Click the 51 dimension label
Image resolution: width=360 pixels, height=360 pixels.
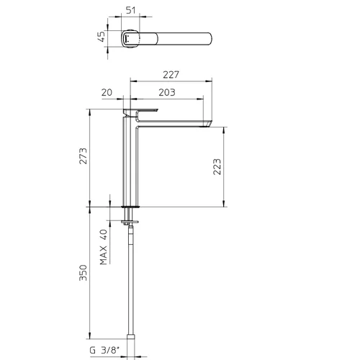131,11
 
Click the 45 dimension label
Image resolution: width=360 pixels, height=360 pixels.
102,36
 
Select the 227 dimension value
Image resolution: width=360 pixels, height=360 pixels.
171,75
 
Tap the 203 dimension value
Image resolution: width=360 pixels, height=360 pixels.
167,92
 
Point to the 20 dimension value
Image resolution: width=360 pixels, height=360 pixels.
107,92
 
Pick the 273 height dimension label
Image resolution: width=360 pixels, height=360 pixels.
84,156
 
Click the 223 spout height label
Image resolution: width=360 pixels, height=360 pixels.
217,166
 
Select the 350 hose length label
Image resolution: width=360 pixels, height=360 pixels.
84,273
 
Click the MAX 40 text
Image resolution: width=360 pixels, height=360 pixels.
104,247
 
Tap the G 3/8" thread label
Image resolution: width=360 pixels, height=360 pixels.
104,351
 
